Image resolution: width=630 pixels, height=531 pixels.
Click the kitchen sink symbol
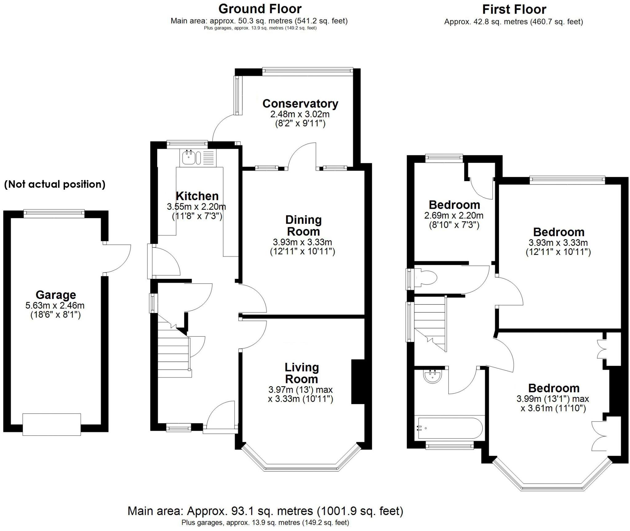pos(188,158)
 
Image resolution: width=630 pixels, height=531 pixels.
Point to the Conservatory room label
pos(300,104)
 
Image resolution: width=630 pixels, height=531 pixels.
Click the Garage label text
pos(56,295)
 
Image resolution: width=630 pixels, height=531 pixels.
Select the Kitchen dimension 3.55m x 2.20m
pos(196,207)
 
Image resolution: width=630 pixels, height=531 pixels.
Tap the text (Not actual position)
pos(55,184)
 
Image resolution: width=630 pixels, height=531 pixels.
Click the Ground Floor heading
pos(260,9)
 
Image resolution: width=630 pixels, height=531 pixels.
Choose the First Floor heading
pos(514,10)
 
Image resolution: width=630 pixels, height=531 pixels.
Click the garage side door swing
pos(118,258)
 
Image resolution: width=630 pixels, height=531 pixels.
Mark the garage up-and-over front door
pos(52,424)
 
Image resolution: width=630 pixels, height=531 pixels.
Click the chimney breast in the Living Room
pos(357,381)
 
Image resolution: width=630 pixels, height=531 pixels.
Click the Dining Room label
pos(303,225)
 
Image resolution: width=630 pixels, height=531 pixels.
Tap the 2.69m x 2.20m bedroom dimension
pos(454,216)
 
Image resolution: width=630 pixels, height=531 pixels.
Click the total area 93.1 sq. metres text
pos(265,511)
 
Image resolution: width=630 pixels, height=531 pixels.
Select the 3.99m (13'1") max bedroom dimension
pos(552,399)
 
